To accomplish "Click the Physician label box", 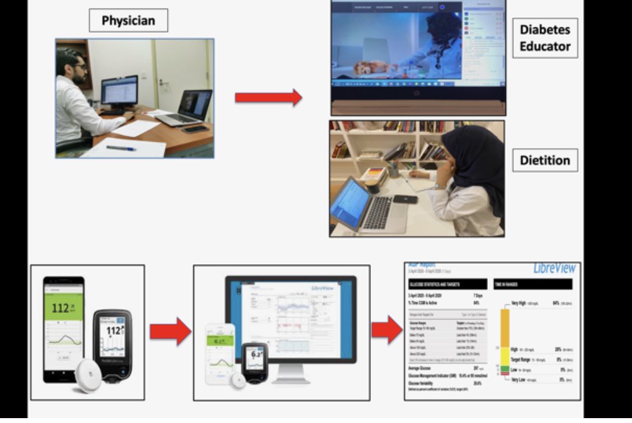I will pos(128,21).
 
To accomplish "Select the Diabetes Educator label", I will pos(544,38).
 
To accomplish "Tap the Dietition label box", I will pos(544,161).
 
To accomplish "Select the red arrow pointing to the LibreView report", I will pos(387,330).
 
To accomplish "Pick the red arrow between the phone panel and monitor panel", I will pos(170,331).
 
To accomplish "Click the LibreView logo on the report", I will pos(553,269).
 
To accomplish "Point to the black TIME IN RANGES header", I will pos(533,284).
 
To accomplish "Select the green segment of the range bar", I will pos(504,369).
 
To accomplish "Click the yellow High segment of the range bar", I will pos(504,356).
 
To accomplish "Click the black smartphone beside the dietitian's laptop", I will pos(405,199).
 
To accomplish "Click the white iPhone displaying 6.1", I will pos(220,353).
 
